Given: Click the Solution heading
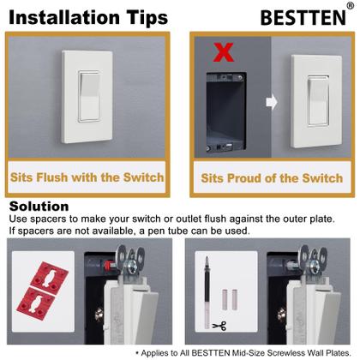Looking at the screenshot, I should (x=39, y=207).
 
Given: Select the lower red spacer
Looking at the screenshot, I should (x=39, y=300).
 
